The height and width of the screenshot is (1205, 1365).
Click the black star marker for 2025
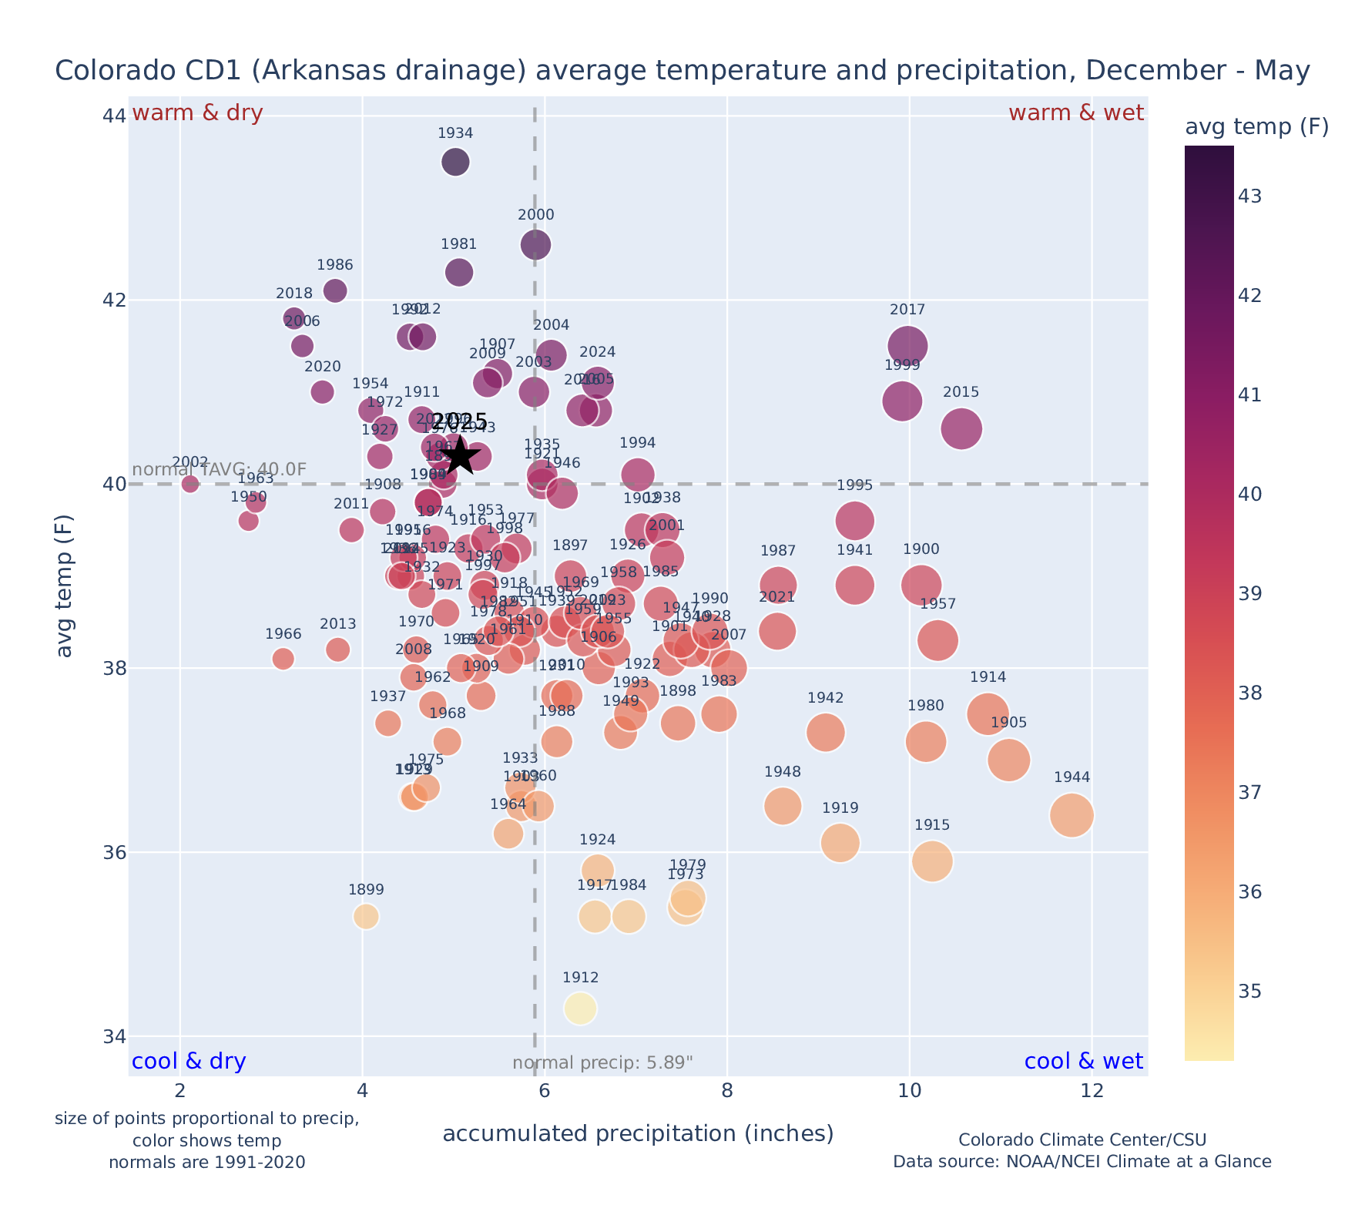click(460, 455)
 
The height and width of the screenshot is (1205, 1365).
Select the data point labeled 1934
click(455, 162)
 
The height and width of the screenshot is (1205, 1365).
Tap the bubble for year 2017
click(907, 346)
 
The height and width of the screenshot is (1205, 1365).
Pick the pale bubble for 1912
click(580, 1009)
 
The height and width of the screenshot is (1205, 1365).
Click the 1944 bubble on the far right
click(1071, 815)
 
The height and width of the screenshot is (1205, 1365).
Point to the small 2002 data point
click(190, 484)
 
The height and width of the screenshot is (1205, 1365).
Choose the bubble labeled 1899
click(366, 917)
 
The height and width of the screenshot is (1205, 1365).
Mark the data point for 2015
click(961, 429)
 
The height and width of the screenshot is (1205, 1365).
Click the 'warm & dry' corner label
click(197, 113)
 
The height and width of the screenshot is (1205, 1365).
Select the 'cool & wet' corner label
click(1083, 1062)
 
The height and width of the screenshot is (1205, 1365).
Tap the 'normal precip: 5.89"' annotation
click(602, 1063)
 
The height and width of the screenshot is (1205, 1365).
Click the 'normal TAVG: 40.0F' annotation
click(220, 470)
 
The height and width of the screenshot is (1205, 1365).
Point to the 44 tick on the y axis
click(114, 116)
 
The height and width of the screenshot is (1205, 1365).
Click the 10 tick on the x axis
click(909, 1092)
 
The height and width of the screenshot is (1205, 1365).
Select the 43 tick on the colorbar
click(1250, 196)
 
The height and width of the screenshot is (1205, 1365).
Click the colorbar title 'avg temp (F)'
click(1256, 127)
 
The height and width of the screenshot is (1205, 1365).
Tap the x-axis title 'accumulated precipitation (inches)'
click(638, 1133)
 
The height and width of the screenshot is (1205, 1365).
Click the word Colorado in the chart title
click(102, 71)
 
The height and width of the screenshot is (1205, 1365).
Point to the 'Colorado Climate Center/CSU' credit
click(1082, 1140)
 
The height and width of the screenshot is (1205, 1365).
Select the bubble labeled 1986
click(335, 290)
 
